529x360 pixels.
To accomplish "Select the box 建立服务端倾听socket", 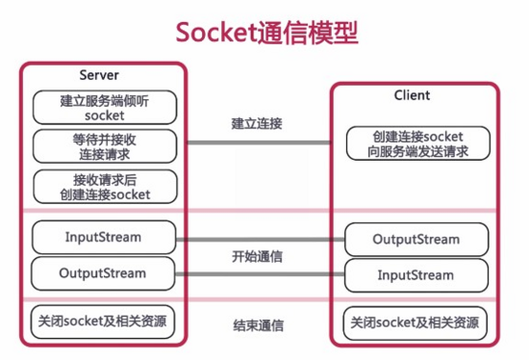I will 104,107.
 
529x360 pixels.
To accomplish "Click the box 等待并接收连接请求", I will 104,146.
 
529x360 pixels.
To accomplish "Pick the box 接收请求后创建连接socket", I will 104,186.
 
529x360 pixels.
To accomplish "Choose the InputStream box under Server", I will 104,237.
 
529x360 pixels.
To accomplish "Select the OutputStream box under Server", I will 104,273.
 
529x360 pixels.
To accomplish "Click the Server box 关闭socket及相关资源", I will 104,321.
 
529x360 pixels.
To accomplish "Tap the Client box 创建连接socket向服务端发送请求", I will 417,143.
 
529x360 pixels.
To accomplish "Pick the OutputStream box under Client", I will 416,240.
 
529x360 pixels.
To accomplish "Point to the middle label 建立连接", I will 256,124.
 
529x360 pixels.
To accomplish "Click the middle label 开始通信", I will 256,257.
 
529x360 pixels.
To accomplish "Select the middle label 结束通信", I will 256,325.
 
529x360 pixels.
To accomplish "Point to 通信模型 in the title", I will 306,32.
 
